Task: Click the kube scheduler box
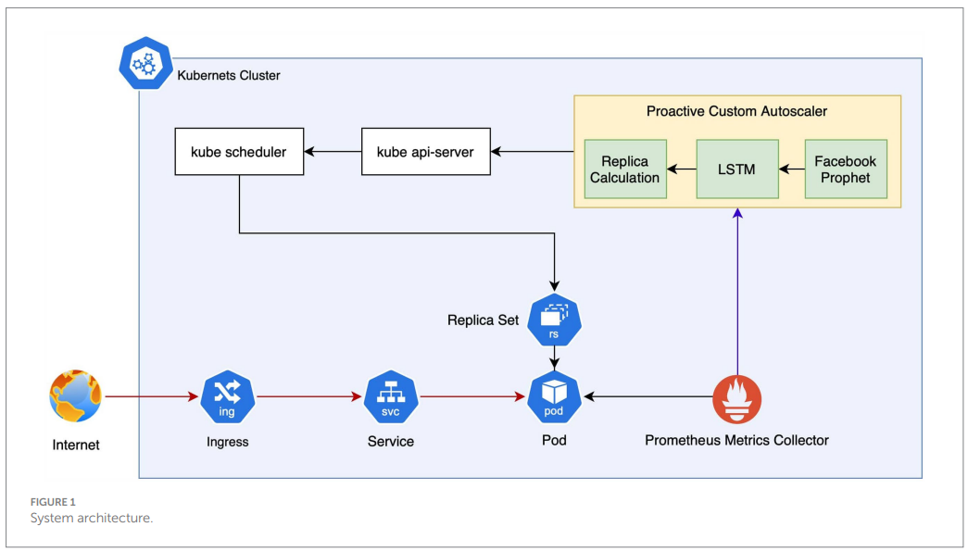click(239, 151)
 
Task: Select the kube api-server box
click(425, 151)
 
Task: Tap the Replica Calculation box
click(624, 169)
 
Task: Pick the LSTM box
click(737, 169)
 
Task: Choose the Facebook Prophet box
click(846, 169)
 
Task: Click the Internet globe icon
click(75, 395)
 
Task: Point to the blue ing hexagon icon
click(227, 397)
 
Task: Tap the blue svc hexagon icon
click(391, 397)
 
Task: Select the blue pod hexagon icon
click(554, 397)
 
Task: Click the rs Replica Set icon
click(554, 320)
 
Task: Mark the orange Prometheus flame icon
click(737, 399)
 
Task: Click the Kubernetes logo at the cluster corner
click(145, 63)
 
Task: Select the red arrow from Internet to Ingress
click(152, 396)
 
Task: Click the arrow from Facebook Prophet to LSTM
click(791, 169)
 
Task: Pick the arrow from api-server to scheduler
click(333, 151)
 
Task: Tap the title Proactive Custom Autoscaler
click(736, 111)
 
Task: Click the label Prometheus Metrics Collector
click(736, 440)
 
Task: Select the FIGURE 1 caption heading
click(53, 502)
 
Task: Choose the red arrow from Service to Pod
click(472, 396)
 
